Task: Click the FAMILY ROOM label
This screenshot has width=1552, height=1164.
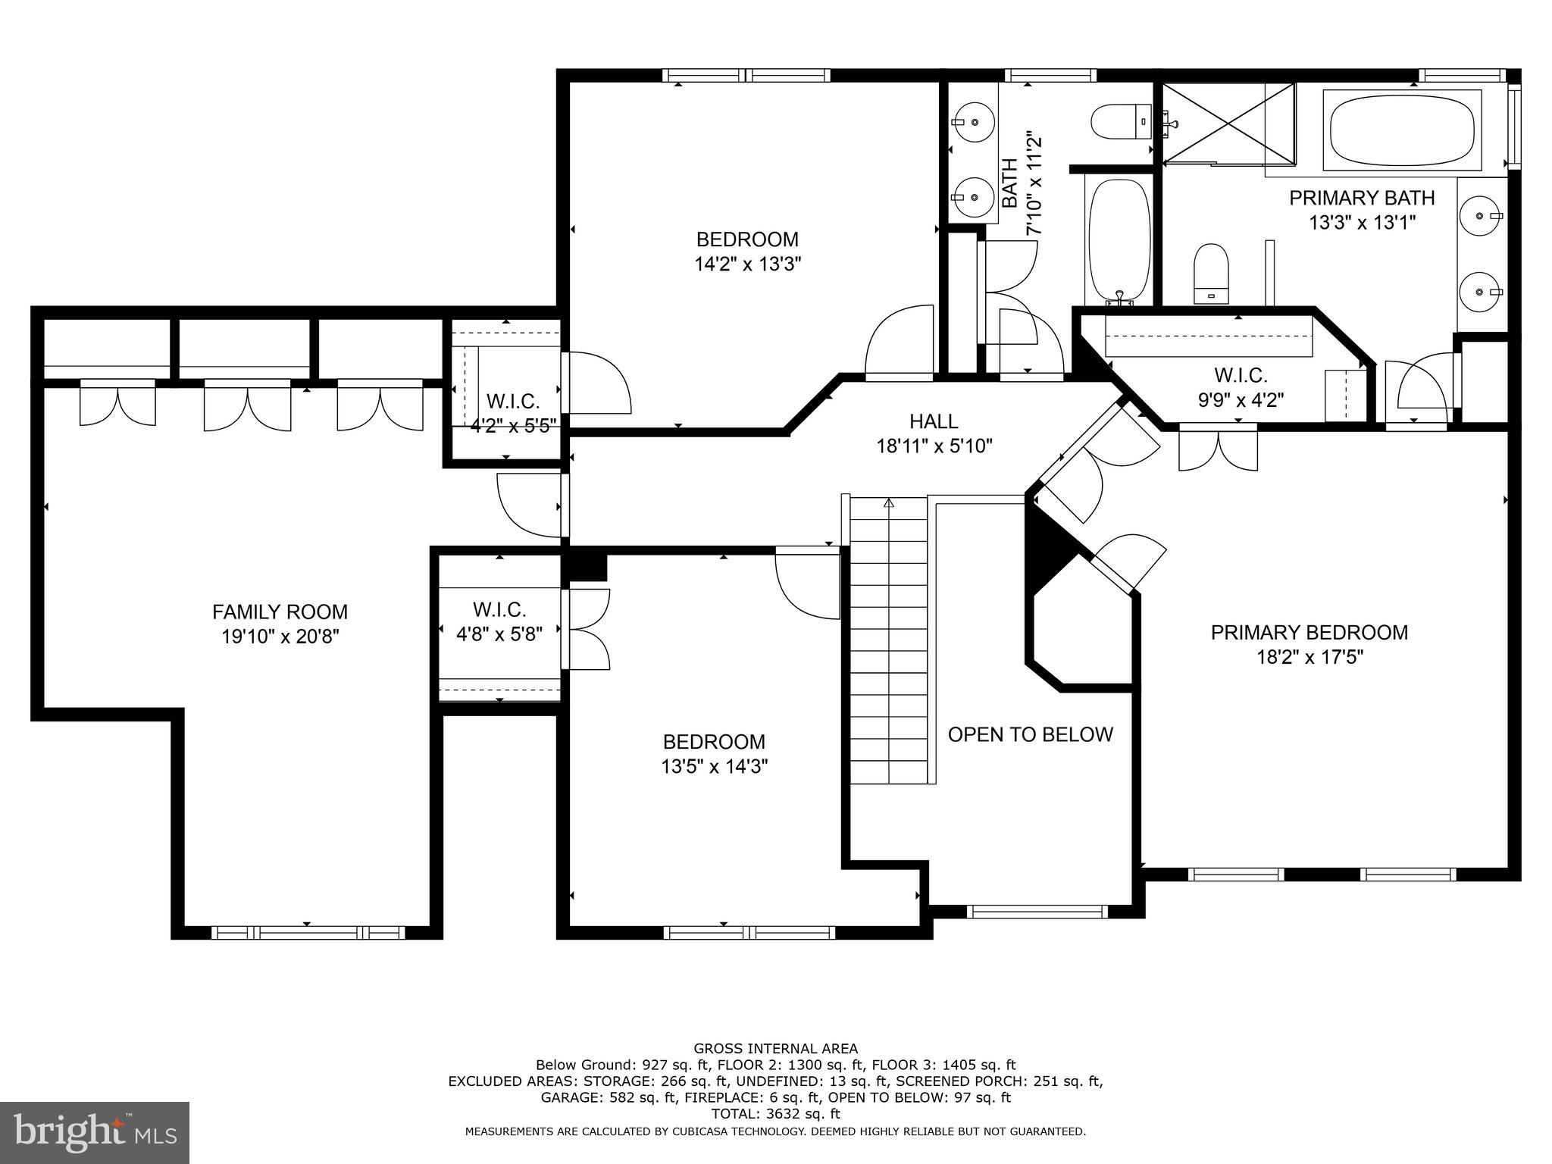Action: coord(280,612)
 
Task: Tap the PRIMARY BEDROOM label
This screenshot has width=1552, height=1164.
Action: coord(1309,632)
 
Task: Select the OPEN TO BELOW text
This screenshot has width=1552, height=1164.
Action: coord(1030,734)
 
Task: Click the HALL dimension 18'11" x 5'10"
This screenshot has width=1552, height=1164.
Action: coord(934,446)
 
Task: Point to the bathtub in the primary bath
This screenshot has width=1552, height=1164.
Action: coord(1402,130)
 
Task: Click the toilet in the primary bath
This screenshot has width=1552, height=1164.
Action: coord(1210,274)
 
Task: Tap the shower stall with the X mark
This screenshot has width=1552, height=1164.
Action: coord(1228,124)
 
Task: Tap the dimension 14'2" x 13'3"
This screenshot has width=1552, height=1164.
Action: coord(747,264)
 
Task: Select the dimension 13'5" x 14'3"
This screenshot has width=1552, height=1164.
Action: coord(714,766)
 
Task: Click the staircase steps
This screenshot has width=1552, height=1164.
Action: coord(889,644)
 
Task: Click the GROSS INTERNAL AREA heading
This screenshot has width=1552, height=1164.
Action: coord(775,1049)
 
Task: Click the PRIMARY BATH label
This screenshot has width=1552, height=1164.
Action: coord(1362,198)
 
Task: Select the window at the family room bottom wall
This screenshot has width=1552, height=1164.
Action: coord(308,932)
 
